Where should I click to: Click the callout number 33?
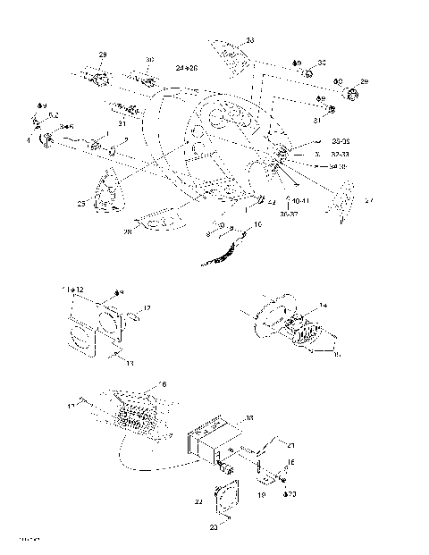coord(249,40)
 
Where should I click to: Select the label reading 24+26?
coord(186,68)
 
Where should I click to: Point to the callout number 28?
coord(127,231)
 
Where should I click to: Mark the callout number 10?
coord(258,226)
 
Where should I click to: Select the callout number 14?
coord(324,306)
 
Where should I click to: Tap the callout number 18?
coord(249,416)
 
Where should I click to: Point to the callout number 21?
coord(290,444)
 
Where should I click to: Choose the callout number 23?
coord(213,528)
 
